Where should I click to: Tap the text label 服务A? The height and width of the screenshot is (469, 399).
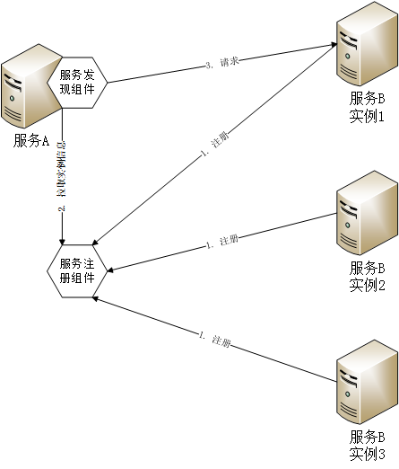pyautogui.click(x=31, y=140)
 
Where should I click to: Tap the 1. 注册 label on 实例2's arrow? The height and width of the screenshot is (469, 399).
pyautogui.click(x=221, y=242)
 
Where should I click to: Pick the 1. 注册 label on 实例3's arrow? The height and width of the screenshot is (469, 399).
pyautogui.click(x=215, y=341)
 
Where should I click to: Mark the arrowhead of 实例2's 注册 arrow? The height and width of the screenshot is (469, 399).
pyautogui.click(x=110, y=267)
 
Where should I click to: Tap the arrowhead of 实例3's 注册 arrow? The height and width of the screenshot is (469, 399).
pyautogui.click(x=95, y=298)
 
